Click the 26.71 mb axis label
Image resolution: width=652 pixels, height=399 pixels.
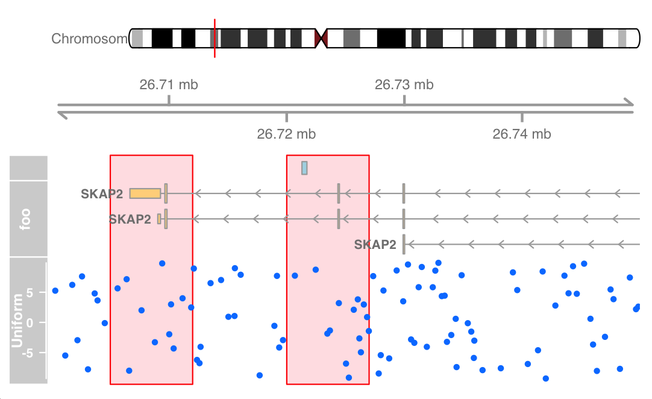[169, 85]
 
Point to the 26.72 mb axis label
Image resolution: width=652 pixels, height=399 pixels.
[286, 134]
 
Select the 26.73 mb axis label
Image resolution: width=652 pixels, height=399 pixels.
[404, 85]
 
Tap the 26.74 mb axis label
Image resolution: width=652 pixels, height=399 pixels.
[521, 134]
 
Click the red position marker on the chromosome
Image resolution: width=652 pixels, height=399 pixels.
[215, 39]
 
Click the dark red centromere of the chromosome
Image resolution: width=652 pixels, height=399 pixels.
[321, 39]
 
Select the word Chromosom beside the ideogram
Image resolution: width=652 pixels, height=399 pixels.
[90, 39]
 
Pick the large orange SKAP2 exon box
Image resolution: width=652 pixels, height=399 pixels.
[145, 193]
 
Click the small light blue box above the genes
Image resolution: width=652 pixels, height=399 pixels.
[304, 168]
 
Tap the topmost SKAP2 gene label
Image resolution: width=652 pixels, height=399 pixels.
[102, 194]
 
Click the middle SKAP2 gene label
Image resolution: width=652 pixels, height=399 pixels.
[130, 219]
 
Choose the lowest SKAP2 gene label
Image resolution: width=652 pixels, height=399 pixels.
[375, 245]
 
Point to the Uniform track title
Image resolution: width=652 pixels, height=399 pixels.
[17, 321]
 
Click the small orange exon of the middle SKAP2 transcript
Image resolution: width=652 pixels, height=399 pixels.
[159, 219]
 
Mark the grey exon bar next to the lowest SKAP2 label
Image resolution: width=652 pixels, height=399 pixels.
[404, 243]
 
